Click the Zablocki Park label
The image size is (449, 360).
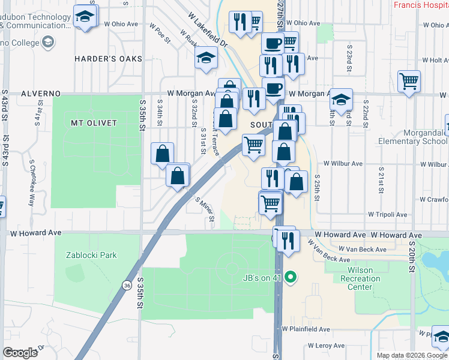click(x=91, y=255)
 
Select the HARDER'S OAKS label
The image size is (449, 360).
click(x=108, y=59)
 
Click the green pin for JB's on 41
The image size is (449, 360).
click(x=291, y=277)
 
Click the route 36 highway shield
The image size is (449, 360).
click(x=127, y=284)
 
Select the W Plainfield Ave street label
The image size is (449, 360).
click(x=306, y=329)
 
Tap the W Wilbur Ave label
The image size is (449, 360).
click(x=343, y=163)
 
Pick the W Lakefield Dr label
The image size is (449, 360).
click(x=208, y=30)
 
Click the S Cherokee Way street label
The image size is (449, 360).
click(x=30, y=182)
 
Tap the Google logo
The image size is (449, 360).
click(x=20, y=353)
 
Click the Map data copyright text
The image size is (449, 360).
click(x=412, y=355)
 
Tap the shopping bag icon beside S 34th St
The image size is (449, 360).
click(x=163, y=154)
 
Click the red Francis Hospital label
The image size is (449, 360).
click(x=421, y=5)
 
